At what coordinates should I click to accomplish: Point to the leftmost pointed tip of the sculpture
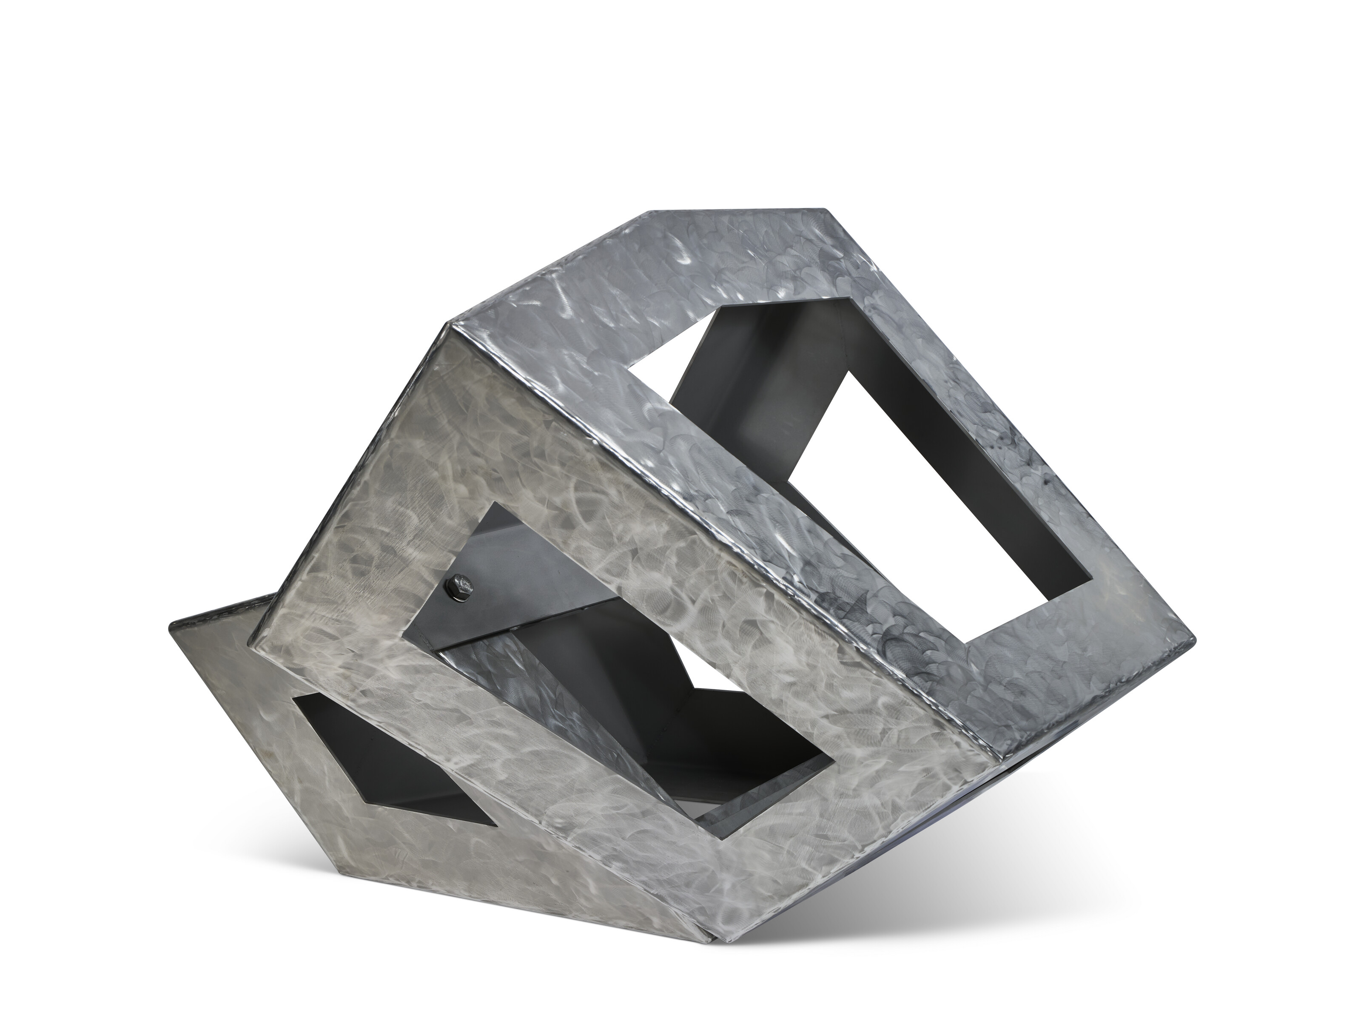click(x=171, y=626)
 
